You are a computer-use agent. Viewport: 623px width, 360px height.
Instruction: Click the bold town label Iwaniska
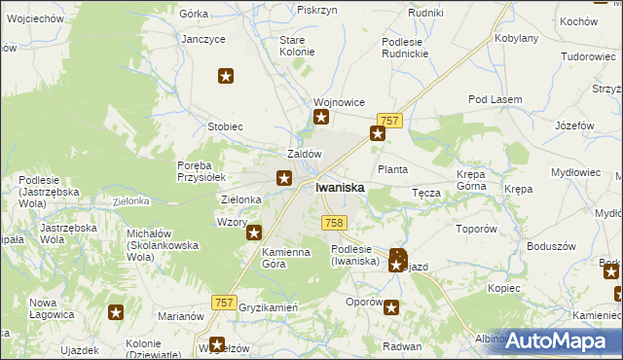tap(341, 188)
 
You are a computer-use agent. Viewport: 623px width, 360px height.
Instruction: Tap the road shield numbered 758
tap(334, 223)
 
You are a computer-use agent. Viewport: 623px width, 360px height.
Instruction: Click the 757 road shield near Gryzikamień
tap(223, 304)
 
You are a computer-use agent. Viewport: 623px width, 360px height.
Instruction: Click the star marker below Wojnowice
tap(321, 119)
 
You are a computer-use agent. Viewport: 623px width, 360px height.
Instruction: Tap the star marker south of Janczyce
tap(226, 76)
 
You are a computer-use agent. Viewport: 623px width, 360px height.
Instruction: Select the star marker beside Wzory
tap(254, 233)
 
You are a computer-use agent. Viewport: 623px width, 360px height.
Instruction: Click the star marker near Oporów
tap(391, 308)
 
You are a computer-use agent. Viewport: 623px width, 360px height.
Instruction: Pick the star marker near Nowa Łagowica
tap(116, 312)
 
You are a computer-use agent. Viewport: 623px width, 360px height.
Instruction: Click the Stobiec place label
tap(225, 126)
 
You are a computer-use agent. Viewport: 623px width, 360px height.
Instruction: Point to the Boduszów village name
tap(546, 245)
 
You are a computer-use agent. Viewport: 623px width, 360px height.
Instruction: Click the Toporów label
tap(477, 230)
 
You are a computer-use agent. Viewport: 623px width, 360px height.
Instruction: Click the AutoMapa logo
tap(559, 341)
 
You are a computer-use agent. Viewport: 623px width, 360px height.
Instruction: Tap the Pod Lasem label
tap(495, 100)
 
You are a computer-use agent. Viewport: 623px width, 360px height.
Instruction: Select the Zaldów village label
tap(305, 154)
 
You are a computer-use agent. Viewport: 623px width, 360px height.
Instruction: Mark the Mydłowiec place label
tap(576, 171)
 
